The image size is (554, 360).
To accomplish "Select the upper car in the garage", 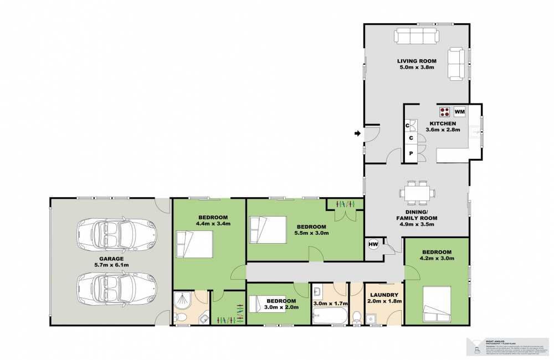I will pos(117,234).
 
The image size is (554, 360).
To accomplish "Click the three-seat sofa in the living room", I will pos(416,37).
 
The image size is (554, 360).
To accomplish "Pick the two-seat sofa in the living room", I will pos(456,64).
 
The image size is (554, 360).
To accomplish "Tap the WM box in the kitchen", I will pos(460,111).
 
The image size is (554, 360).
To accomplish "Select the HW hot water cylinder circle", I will pos(372,244).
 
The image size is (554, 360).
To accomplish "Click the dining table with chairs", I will pos(417,193).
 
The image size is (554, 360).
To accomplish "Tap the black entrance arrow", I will pos(357,133).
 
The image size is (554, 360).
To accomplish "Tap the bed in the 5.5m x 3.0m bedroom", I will pos(268,229).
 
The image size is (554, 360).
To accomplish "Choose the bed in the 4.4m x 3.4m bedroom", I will pos(194,244).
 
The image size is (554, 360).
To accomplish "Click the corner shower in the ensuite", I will pos(182,301).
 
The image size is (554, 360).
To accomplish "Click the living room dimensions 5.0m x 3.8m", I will pos(416,68).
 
